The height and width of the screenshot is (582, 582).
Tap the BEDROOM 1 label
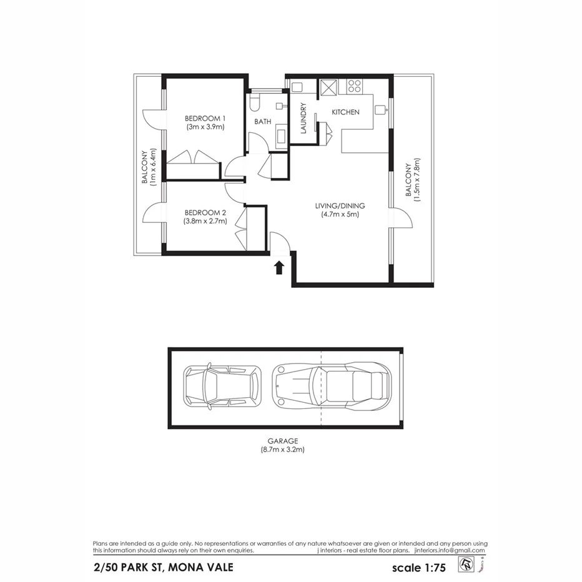205,118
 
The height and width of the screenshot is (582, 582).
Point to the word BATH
262,122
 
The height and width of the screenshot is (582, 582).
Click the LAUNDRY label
303,119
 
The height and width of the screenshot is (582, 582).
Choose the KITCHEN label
345,112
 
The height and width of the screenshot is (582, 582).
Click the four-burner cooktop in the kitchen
355,86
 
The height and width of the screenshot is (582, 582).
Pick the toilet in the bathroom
255,102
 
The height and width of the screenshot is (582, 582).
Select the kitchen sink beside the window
381,110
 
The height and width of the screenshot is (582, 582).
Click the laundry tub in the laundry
297,87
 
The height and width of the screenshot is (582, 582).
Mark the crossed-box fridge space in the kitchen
328,86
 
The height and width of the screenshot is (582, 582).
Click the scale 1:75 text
418,568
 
